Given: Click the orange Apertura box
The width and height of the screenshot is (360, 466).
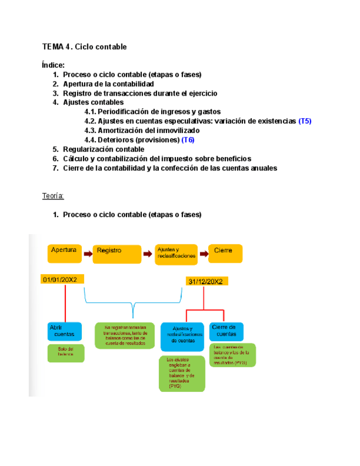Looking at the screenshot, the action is click(x=64, y=253).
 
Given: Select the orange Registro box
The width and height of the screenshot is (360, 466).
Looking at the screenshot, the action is click(x=117, y=253).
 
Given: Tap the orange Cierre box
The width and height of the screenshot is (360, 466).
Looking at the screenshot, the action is click(x=225, y=253).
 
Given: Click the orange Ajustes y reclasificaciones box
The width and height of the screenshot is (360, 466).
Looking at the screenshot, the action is click(x=175, y=253).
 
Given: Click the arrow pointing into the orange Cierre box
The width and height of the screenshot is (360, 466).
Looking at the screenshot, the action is click(x=203, y=253).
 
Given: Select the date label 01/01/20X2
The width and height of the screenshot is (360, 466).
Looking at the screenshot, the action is click(x=62, y=280).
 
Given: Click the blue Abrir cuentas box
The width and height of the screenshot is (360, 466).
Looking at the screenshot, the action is click(x=64, y=331).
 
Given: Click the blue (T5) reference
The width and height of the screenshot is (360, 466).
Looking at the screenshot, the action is click(x=304, y=121).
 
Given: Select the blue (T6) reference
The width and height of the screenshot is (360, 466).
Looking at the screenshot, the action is click(x=188, y=140).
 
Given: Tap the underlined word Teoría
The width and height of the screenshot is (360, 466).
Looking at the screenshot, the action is click(x=53, y=196).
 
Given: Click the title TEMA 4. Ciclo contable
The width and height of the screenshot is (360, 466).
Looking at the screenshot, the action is click(x=84, y=47).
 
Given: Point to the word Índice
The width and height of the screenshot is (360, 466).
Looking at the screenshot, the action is click(x=53, y=65).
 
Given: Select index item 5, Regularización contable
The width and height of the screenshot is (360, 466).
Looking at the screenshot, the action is click(x=103, y=149).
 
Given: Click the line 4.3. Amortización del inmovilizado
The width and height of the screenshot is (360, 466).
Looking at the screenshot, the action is click(x=142, y=130).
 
